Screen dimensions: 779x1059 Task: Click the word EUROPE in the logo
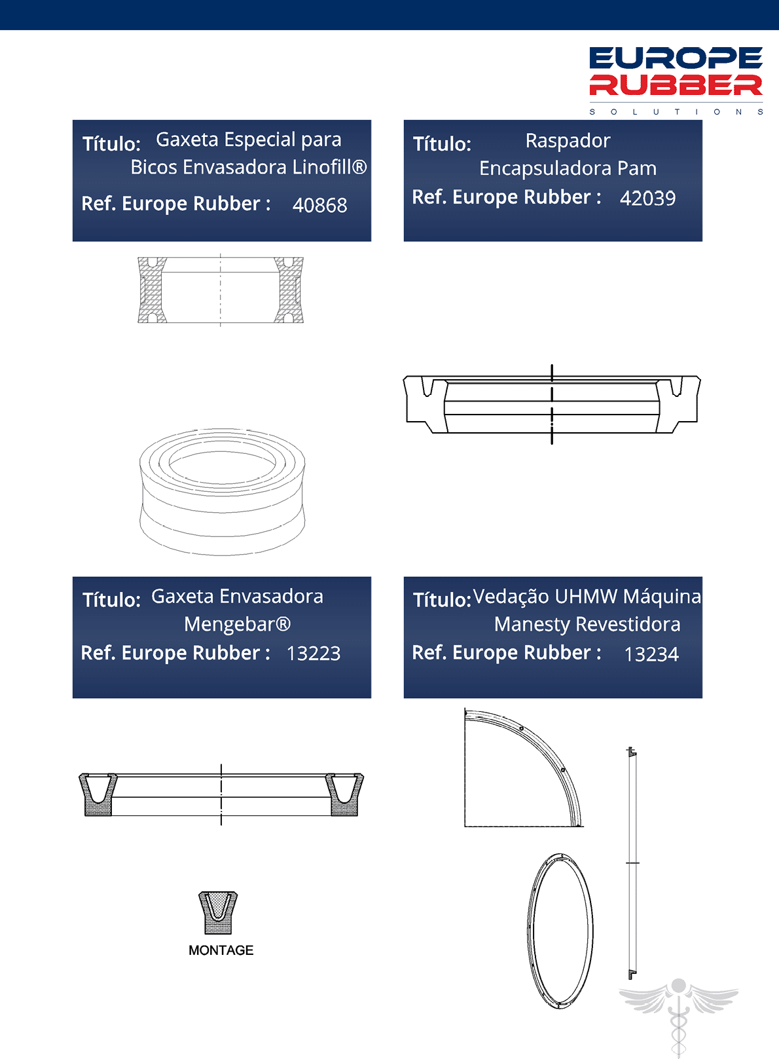click(676, 58)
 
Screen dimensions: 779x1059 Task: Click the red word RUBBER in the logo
click(676, 84)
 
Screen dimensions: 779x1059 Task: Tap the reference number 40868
click(319, 205)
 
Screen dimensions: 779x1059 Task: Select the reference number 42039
click(647, 198)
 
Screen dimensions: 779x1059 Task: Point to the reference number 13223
click(314, 654)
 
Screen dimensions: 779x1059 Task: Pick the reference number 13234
click(651, 654)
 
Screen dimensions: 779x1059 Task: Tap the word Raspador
click(568, 141)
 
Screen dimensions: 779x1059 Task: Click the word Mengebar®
click(237, 624)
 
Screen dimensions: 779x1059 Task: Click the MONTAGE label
click(221, 950)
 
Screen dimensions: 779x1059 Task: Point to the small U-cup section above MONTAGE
click(218, 912)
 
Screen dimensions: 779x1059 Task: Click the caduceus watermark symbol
click(678, 1016)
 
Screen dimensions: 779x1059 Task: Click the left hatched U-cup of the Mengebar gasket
click(98, 804)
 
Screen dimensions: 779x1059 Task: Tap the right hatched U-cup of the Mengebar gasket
click(344, 804)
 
